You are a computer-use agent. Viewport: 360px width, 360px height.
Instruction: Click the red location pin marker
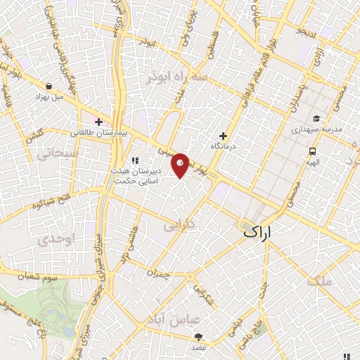(x=181, y=165)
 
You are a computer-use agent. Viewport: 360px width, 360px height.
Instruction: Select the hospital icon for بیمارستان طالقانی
(x=99, y=120)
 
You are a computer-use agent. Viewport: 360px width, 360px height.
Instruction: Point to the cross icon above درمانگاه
(x=224, y=136)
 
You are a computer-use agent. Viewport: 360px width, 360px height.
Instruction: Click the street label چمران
(x=160, y=272)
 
